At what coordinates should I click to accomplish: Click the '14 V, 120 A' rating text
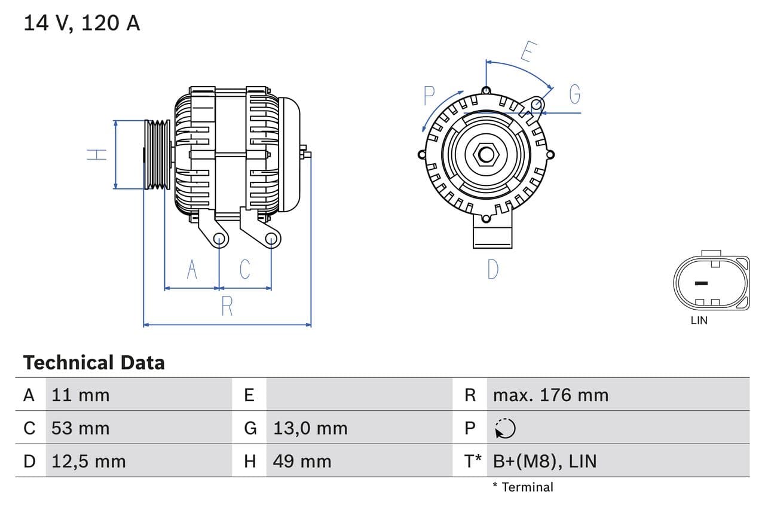click(x=81, y=23)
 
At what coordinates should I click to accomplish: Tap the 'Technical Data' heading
click(x=93, y=362)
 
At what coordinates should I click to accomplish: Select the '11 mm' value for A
click(x=80, y=395)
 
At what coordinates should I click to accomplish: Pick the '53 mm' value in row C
click(x=80, y=428)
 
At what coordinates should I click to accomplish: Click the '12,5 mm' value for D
click(x=88, y=462)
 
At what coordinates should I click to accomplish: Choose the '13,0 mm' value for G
click(x=310, y=428)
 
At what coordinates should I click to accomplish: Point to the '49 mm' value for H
click(x=302, y=462)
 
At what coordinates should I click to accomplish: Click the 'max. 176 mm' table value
click(x=550, y=395)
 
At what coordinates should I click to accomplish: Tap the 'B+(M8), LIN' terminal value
click(x=544, y=462)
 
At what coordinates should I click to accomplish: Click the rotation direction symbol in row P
click(x=505, y=428)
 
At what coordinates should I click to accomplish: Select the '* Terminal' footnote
click(x=523, y=487)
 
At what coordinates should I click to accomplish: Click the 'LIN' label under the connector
click(x=699, y=320)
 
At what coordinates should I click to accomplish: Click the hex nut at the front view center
click(x=486, y=155)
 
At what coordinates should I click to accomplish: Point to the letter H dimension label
click(x=97, y=154)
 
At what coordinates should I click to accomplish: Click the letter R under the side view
click(x=227, y=306)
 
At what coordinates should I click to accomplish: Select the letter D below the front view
click(x=492, y=270)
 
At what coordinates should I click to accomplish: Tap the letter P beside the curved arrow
click(x=429, y=96)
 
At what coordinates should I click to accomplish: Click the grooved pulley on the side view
click(x=158, y=154)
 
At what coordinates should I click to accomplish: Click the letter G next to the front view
click(x=574, y=94)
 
